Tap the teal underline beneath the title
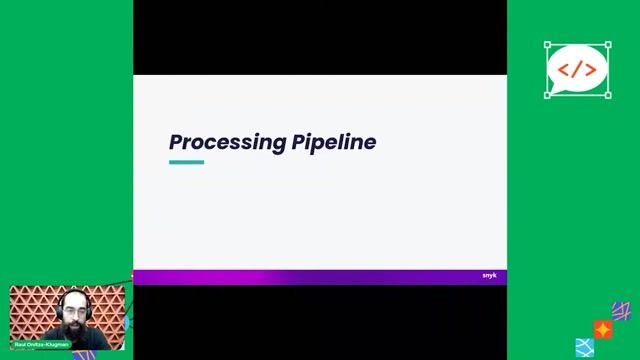click(x=186, y=162)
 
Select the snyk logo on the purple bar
click(x=489, y=276)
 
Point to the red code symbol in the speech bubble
click(x=577, y=69)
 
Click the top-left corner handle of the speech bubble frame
click(x=547, y=45)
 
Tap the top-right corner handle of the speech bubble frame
click(x=608, y=45)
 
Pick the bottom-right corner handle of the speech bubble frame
click(x=608, y=95)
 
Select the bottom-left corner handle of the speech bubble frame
click(x=547, y=95)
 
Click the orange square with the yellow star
click(x=603, y=329)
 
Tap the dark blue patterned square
click(x=621, y=312)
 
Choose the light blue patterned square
click(x=585, y=347)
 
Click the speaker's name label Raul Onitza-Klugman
click(x=41, y=344)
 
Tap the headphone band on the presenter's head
click(x=72, y=293)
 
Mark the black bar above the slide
click(x=320, y=37)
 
